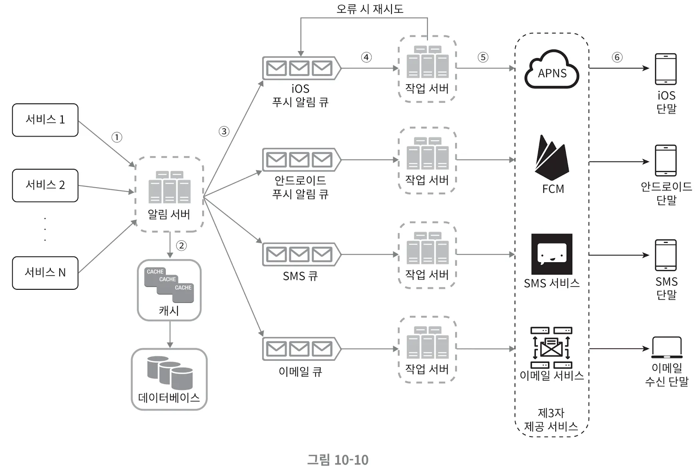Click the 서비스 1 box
click(45, 120)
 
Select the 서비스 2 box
click(45, 185)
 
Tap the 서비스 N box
click(45, 273)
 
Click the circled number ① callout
click(117, 137)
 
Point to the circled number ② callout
click(181, 245)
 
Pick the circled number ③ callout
click(224, 131)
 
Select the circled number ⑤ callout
click(483, 57)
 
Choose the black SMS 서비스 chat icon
click(552, 254)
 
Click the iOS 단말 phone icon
click(666, 69)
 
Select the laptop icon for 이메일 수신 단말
click(666, 348)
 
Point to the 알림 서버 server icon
click(169, 187)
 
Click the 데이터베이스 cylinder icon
click(170, 372)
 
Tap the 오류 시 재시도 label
click(370, 9)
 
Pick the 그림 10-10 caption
click(338, 460)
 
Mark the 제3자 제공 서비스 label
click(551, 420)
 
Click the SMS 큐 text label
click(300, 276)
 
